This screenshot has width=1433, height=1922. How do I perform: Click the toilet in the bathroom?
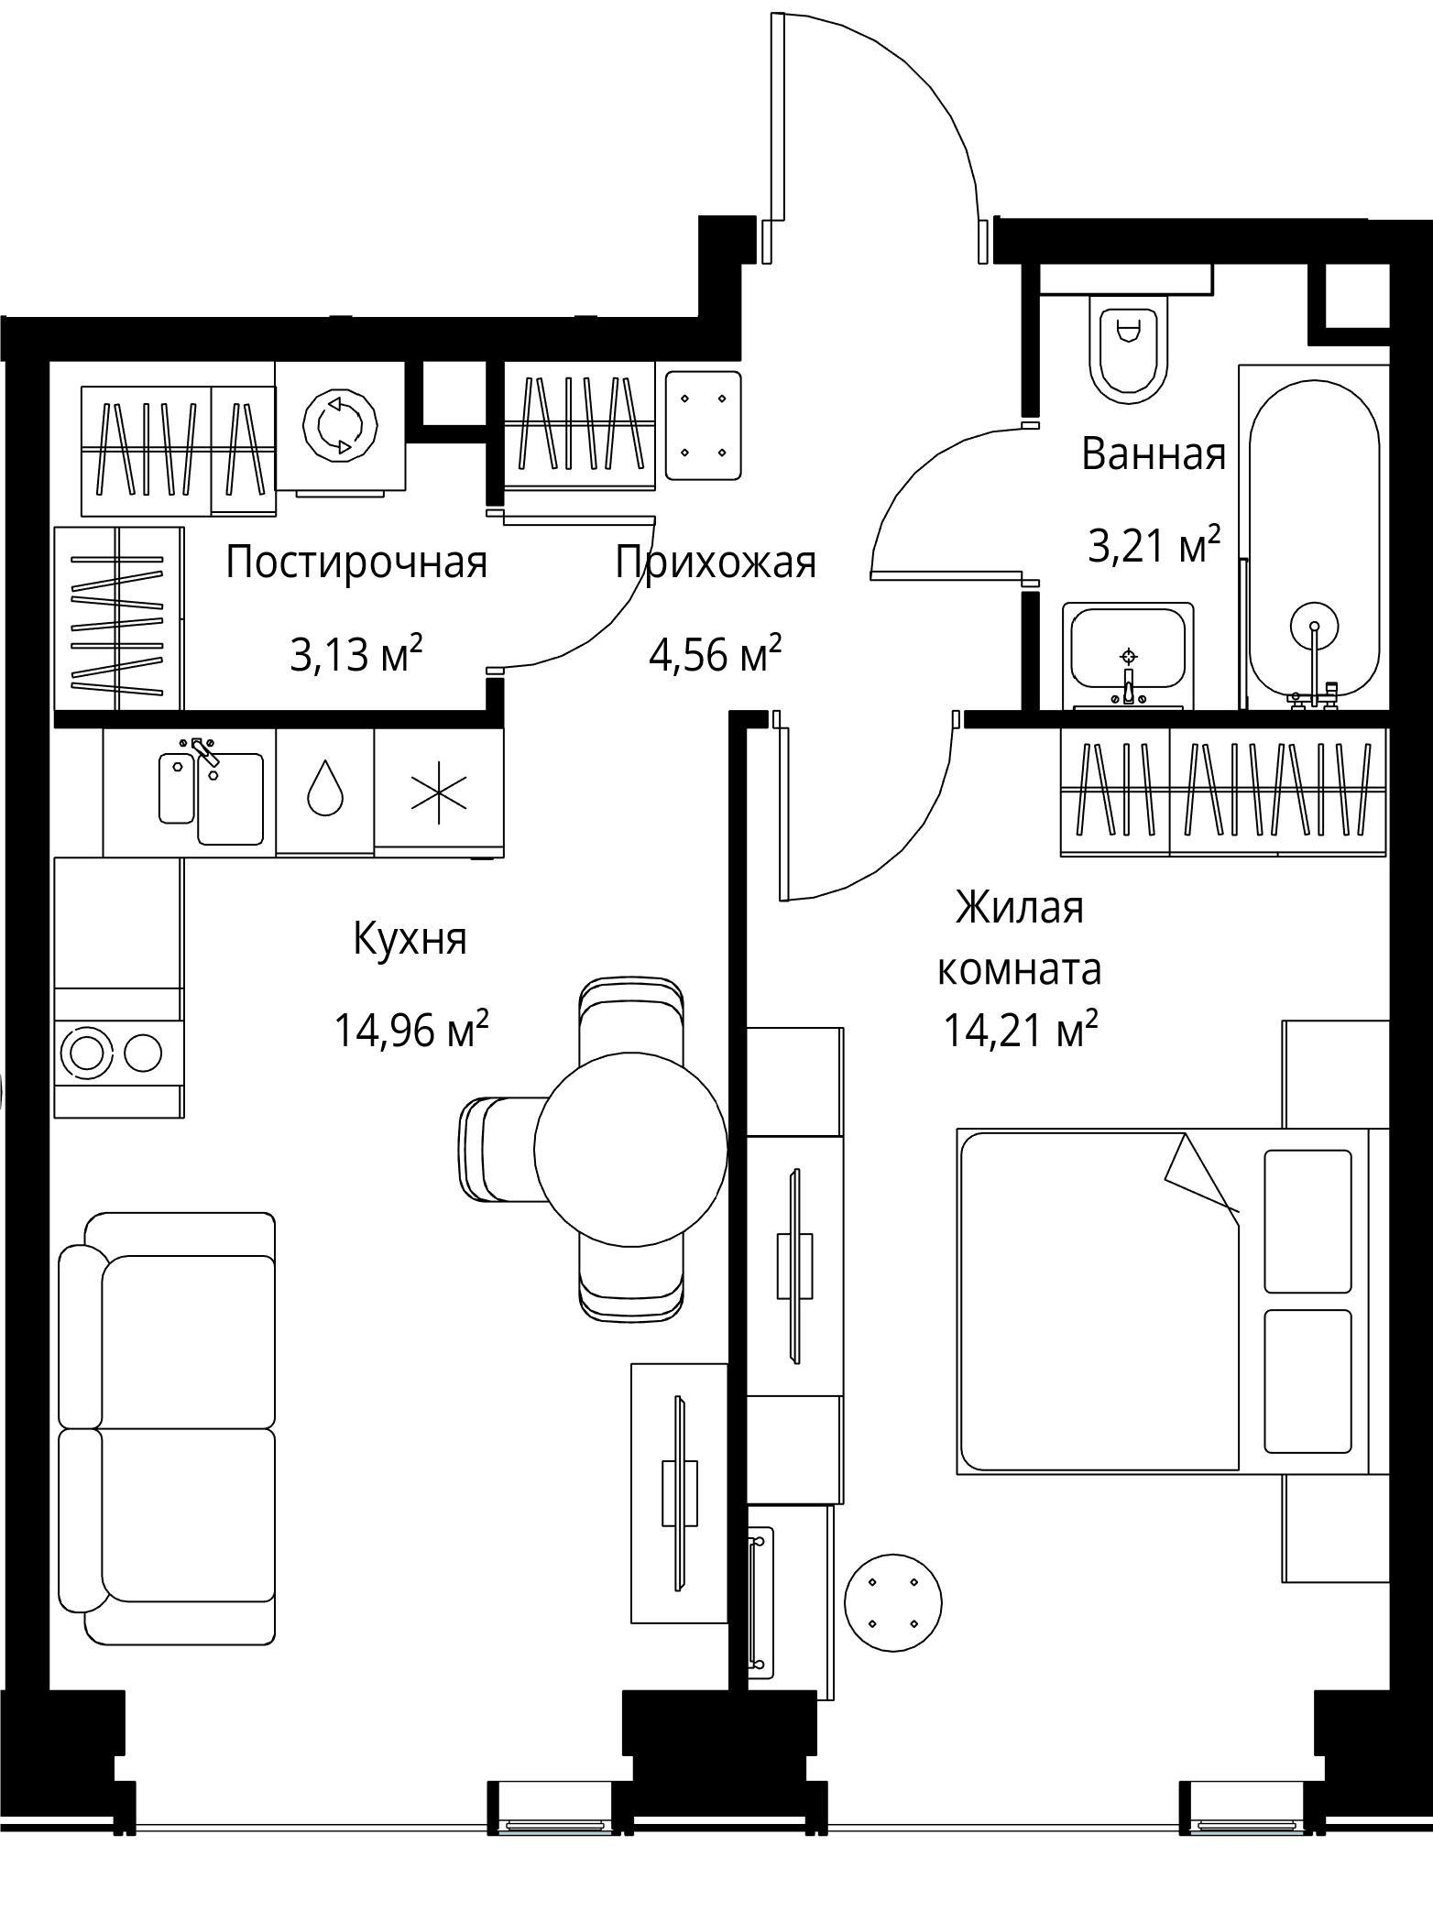1128,349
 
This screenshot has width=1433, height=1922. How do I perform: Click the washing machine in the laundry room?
340,426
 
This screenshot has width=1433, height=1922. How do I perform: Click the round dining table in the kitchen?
630,1148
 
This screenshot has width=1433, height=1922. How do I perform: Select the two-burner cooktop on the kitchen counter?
117,1052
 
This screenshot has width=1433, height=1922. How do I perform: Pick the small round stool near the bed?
892,1602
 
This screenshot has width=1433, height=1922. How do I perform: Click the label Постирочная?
356,562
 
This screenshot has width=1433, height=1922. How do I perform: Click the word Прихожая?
715,562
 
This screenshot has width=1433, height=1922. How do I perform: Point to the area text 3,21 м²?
1154,546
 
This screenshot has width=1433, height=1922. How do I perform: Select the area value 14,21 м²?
1020,1031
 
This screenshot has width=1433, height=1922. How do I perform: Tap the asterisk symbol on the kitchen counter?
438,791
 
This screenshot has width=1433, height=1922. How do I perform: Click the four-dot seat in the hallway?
703,425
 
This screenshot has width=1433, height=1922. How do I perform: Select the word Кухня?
410,939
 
